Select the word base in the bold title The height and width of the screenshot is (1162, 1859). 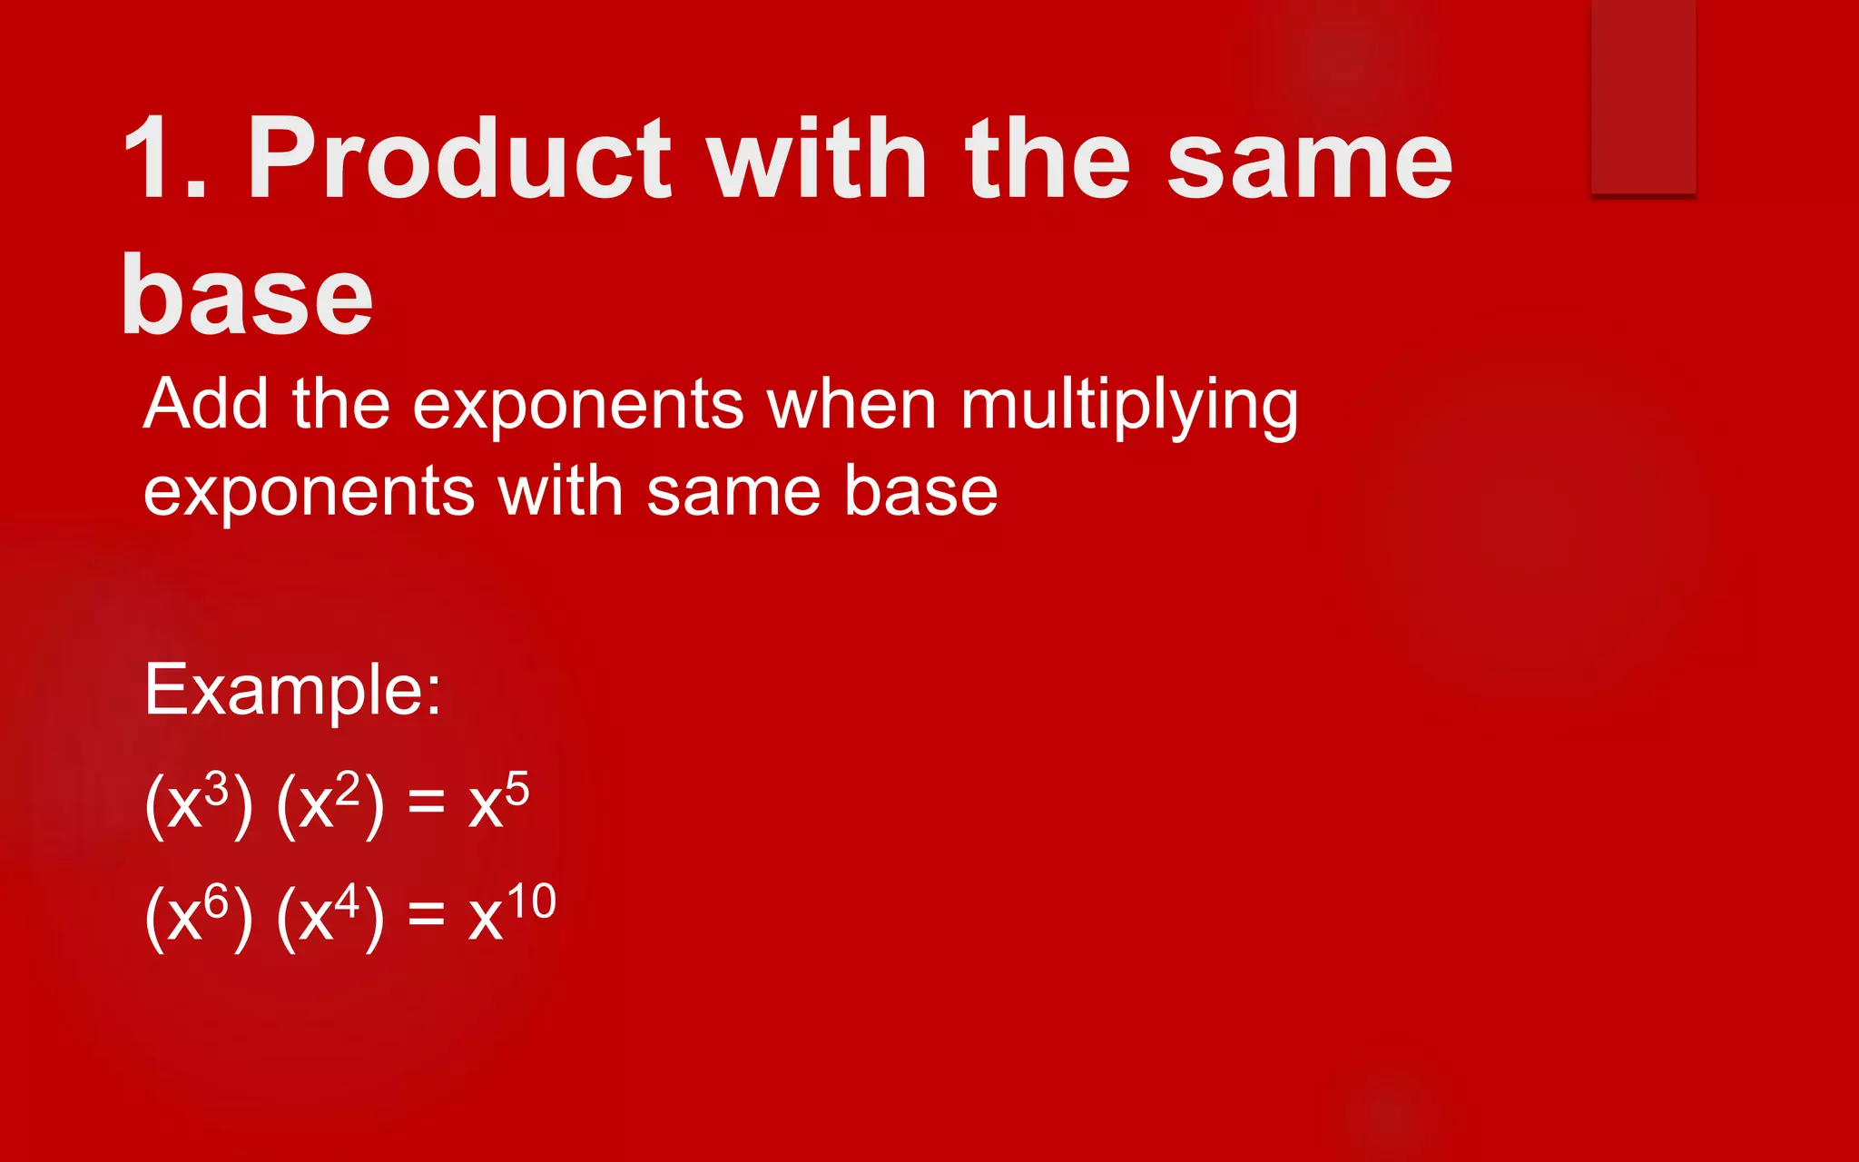coord(247,295)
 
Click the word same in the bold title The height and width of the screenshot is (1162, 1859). coord(1309,161)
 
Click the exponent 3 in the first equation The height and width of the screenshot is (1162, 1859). coord(216,790)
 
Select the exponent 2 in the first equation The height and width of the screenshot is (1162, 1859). coord(348,790)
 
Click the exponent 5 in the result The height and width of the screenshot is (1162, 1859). coord(516,788)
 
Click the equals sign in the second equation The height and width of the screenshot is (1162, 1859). coord(426,917)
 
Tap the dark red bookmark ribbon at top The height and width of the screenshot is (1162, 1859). coord(1643,95)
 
